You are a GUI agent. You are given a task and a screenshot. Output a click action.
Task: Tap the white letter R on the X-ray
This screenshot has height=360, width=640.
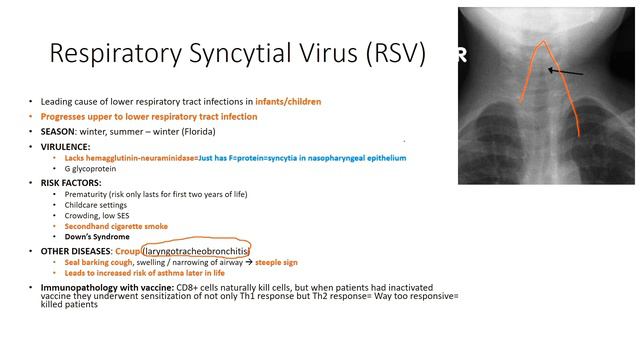coord(461,56)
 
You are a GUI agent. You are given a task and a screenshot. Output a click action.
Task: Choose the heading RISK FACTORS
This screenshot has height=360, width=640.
coord(69,183)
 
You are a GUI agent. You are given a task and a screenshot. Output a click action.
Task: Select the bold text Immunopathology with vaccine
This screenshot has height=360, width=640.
coord(103,287)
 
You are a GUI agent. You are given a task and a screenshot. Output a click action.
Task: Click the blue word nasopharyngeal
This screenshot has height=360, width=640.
coord(327,158)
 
